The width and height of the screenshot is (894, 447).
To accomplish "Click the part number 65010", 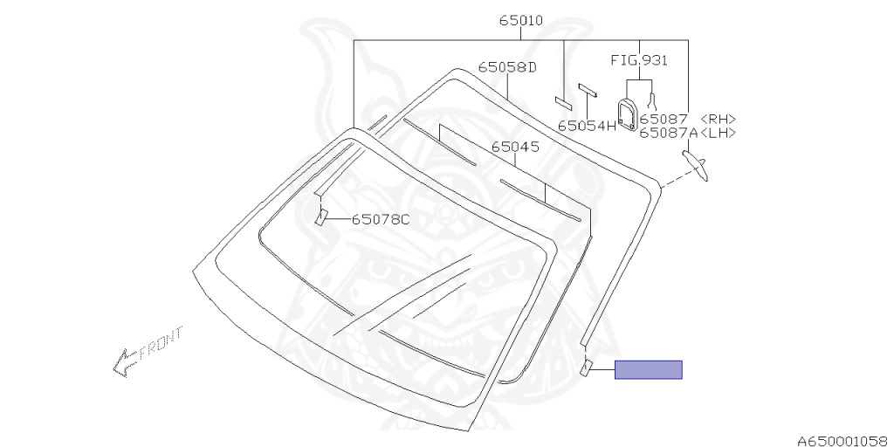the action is pyautogui.click(x=521, y=21).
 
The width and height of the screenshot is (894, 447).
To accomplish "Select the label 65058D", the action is pyautogui.click(x=507, y=66).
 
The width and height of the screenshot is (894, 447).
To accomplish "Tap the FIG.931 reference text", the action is pyautogui.click(x=639, y=60).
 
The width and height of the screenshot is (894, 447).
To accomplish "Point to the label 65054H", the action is pyautogui.click(x=588, y=126).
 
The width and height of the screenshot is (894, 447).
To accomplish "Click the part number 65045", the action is pyautogui.click(x=515, y=147).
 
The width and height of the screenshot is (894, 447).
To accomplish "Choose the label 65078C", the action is pyautogui.click(x=381, y=219).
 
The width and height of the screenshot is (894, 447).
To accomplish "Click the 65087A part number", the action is pyautogui.click(x=668, y=133).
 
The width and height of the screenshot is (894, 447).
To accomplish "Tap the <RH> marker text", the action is pyautogui.click(x=718, y=119).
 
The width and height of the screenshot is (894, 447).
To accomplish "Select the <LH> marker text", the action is pyautogui.click(x=718, y=133).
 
